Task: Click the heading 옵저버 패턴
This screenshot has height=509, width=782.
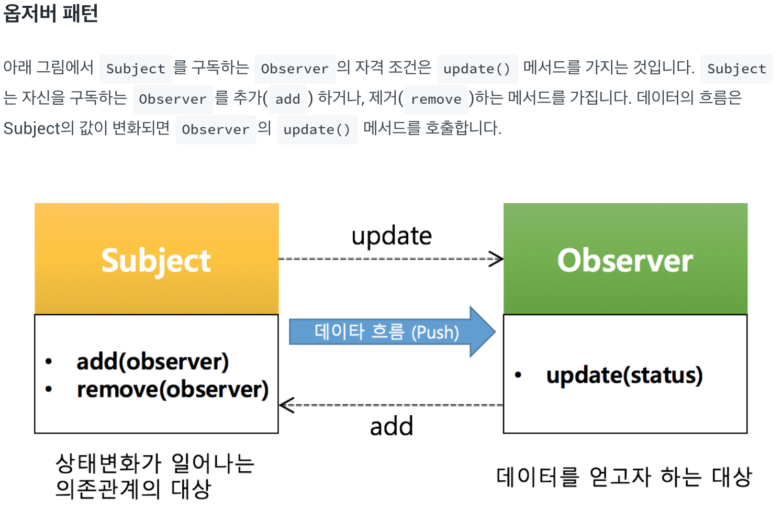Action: pos(51,13)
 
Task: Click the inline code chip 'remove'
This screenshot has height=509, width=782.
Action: pos(436,99)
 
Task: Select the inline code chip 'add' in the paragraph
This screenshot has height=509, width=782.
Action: pos(287,99)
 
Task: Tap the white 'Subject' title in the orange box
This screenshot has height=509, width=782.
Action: pos(156,260)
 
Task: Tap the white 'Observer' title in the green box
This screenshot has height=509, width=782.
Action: pos(625,260)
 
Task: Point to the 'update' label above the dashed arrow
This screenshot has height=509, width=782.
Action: pos(392,236)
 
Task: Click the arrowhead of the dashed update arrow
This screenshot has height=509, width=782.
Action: pos(496,259)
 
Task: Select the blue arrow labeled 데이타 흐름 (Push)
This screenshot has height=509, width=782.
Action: pos(392,332)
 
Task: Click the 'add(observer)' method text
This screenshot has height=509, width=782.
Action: pos(152,362)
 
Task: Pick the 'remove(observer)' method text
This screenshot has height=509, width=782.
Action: pos(172,389)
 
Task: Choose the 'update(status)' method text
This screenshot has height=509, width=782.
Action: pos(624,375)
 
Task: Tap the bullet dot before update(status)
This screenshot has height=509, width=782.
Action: pos(518,375)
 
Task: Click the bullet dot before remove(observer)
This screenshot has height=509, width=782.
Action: pos(49,389)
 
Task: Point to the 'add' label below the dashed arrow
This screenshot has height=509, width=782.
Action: pos(392,426)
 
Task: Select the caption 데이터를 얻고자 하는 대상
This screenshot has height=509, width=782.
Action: pos(624,477)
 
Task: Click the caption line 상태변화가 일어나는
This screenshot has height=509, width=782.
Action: pos(155,463)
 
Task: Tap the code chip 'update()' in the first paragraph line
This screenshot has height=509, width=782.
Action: pos(477,69)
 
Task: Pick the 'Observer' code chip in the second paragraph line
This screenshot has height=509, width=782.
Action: pos(173,99)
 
